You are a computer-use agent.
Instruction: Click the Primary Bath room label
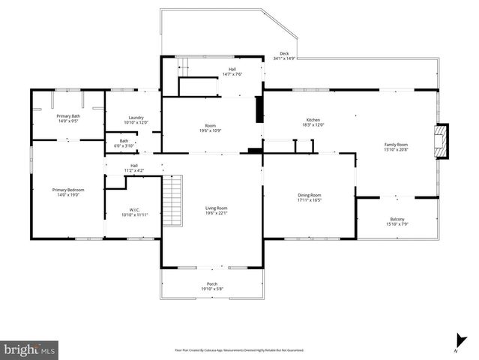tap(67, 116)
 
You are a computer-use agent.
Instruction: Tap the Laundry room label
tap(136, 117)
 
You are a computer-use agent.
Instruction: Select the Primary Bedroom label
tap(67, 190)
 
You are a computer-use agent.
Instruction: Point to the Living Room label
tap(217, 208)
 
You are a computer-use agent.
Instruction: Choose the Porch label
tap(212, 283)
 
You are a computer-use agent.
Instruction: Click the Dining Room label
tap(309, 195)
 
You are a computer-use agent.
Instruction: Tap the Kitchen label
tap(313, 120)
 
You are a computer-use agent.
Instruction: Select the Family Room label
tap(396, 144)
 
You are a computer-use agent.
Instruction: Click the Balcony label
tap(397, 218)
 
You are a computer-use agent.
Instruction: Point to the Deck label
tap(284, 53)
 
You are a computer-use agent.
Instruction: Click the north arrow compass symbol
tap(456, 341)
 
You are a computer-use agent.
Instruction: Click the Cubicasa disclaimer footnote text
tap(239, 349)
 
